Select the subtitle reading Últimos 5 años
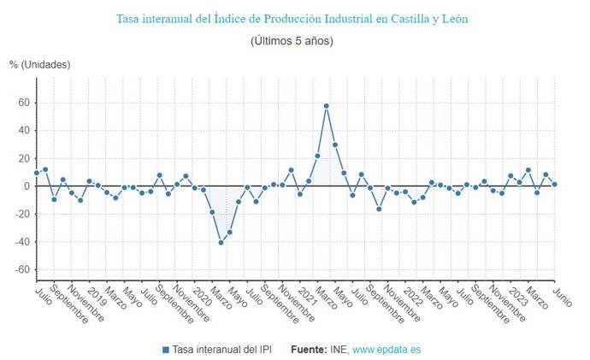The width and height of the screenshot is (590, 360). click(292, 40)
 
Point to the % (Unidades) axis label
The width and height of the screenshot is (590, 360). click(39, 65)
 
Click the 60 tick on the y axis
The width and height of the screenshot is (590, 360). click(23, 103)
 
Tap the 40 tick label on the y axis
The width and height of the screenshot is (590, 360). click(23, 131)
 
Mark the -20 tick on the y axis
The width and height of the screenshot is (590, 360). click(21, 215)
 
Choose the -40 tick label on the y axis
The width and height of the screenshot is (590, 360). click(21, 242)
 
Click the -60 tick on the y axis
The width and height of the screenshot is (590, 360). click(21, 270)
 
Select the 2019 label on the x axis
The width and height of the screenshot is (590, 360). click(95, 295)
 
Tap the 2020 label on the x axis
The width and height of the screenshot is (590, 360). click(201, 295)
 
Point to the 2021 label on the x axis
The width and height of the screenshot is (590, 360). click(306, 295)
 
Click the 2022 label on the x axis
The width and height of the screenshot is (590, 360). click(411, 295)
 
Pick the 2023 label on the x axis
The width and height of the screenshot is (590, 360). click(516, 295)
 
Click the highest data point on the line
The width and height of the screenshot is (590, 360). click(327, 106)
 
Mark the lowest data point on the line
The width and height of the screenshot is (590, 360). click(221, 243)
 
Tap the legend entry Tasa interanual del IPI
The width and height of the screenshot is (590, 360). click(219, 350)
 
